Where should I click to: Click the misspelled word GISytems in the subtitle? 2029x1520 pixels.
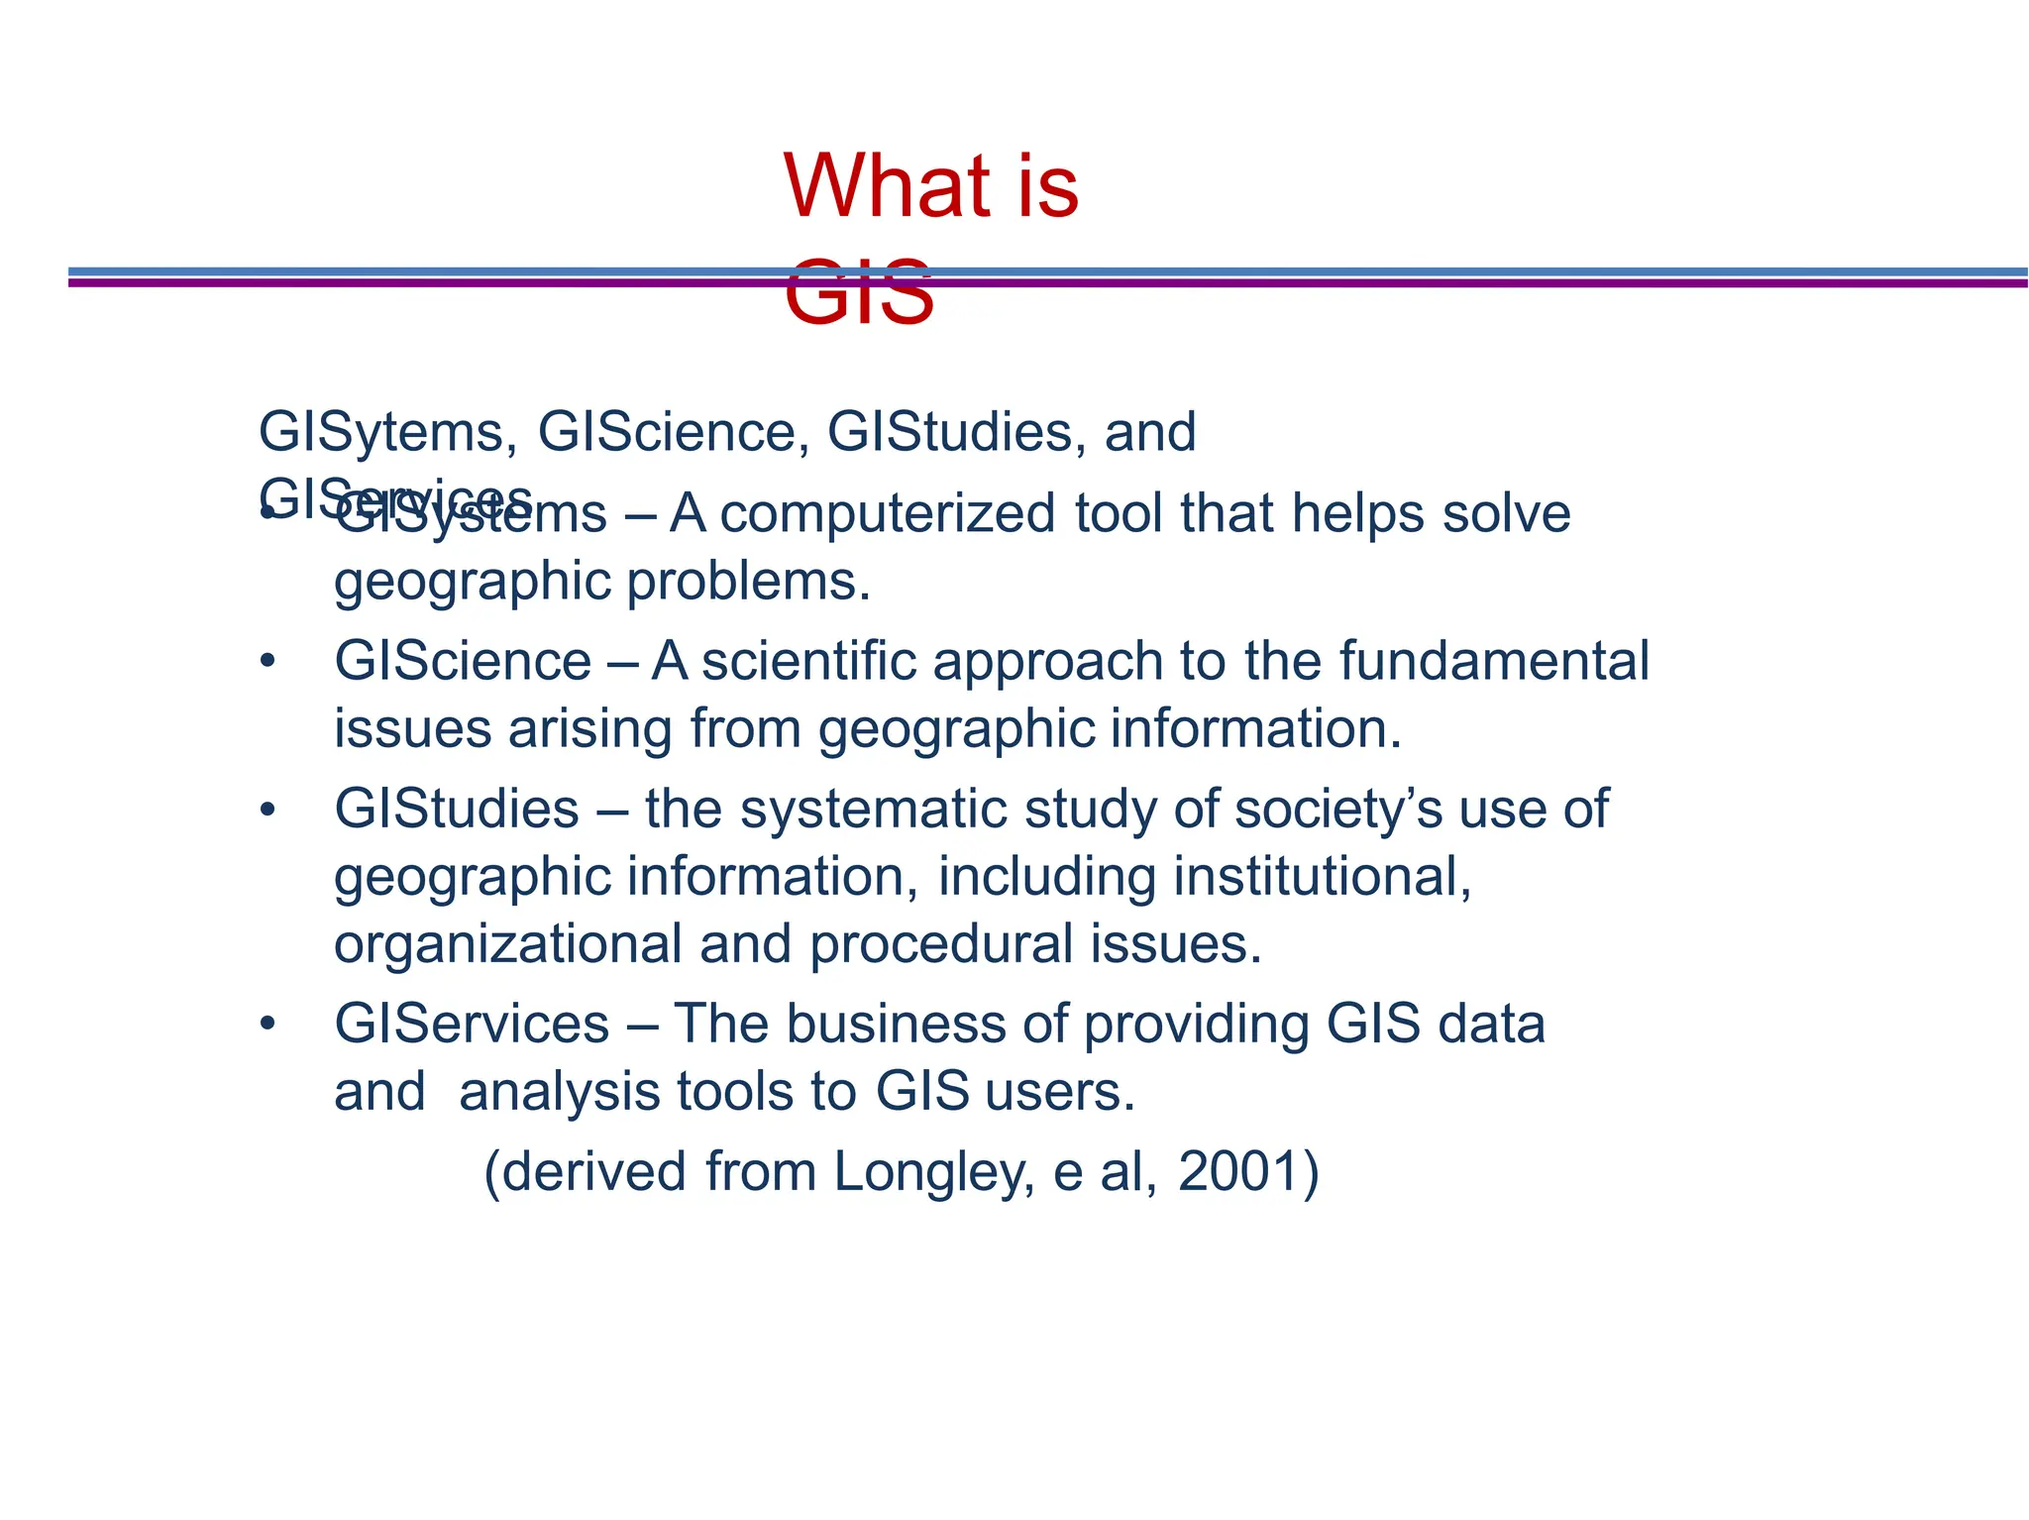pos(386,433)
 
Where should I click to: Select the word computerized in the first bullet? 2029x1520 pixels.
pos(887,514)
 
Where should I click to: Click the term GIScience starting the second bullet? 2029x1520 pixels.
pos(463,661)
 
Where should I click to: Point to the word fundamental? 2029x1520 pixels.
pos(1494,661)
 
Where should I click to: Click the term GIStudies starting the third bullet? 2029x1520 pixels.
pos(457,809)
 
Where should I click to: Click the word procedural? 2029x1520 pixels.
pos(941,944)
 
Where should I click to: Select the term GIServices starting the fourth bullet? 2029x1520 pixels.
pos(472,1024)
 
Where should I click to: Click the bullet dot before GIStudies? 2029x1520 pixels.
pos(266,811)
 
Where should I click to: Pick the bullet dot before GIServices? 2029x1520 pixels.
pos(266,1026)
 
